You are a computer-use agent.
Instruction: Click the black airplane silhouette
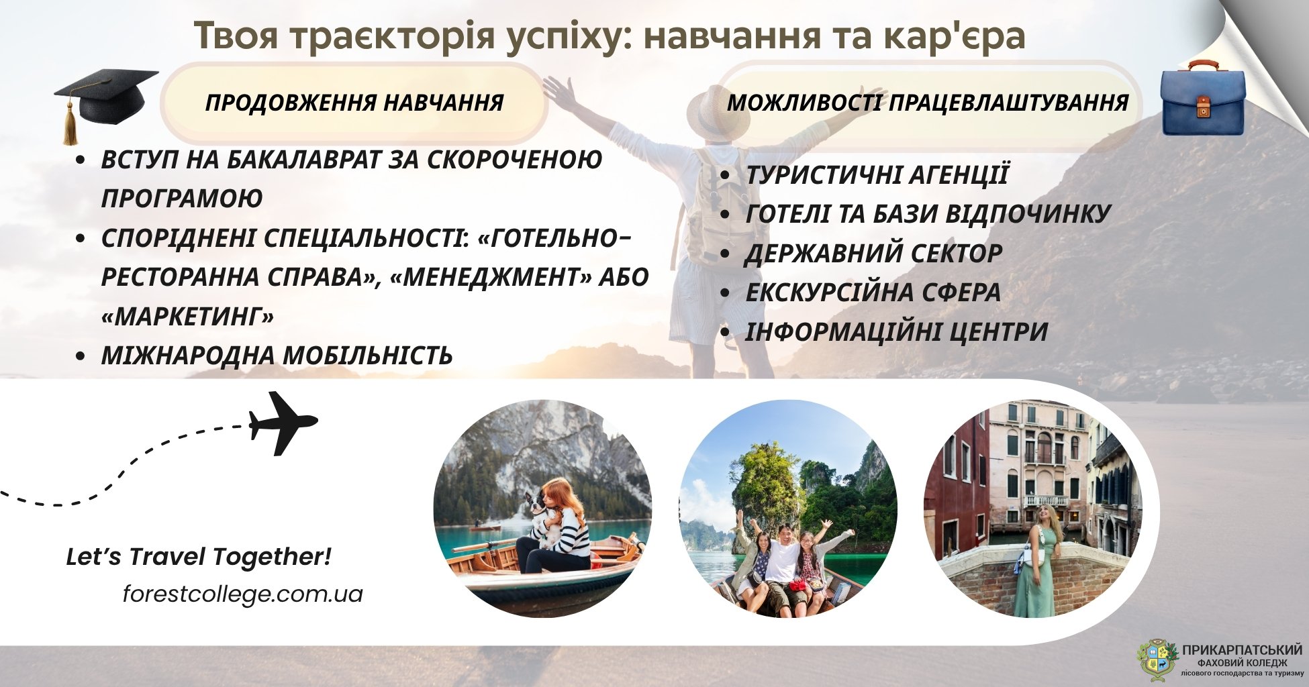click(283, 423)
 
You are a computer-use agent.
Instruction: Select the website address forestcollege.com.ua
click(243, 594)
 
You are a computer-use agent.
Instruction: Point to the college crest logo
click(1157, 659)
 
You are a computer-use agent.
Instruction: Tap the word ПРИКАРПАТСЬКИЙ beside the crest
click(1242, 649)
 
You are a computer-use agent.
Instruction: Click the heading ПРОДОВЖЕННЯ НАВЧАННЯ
click(354, 103)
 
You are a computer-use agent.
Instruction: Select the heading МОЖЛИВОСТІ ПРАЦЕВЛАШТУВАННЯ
click(928, 103)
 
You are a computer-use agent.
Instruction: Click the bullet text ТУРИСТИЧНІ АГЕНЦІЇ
click(877, 174)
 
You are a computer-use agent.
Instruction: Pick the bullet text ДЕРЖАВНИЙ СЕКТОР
click(873, 253)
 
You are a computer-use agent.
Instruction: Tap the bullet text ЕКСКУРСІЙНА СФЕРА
click(873, 292)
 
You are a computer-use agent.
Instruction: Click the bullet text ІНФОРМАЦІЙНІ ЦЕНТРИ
click(896, 331)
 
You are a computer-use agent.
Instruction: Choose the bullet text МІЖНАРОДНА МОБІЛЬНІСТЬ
click(277, 355)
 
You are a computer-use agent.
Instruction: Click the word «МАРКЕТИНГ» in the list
click(187, 316)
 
